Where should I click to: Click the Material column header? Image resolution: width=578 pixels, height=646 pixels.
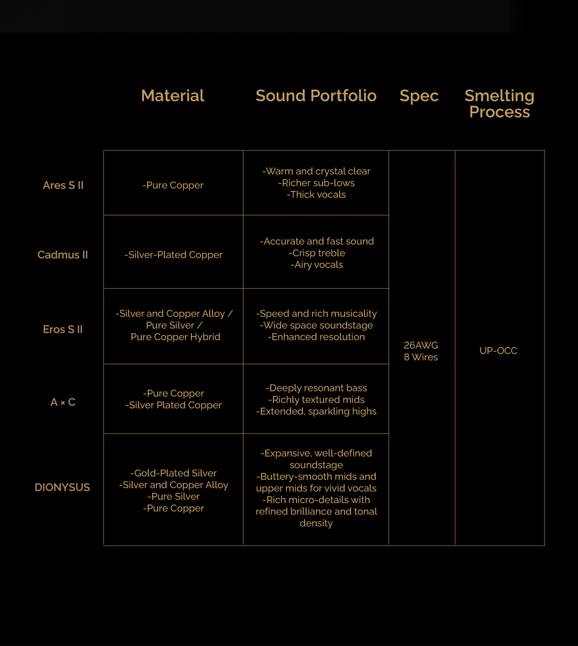173,95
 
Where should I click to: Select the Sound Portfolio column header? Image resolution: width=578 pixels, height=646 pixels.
316,95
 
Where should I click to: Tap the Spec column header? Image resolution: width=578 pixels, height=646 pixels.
419,95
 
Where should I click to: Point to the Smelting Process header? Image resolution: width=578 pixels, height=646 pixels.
499,104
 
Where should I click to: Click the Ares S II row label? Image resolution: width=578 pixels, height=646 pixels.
63,185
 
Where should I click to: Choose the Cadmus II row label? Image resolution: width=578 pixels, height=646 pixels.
63,255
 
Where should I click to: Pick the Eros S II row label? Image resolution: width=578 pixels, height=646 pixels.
63,329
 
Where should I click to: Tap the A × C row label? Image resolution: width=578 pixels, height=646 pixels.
63,402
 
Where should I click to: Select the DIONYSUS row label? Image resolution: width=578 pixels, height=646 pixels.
62,487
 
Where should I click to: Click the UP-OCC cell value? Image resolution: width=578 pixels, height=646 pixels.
498,351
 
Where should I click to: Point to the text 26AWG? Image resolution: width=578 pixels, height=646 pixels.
421,345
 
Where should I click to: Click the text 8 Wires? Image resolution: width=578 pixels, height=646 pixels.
421,357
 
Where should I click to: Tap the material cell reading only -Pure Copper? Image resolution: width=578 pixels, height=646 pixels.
173,185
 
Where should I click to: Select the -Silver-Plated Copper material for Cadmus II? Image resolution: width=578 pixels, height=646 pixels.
174,255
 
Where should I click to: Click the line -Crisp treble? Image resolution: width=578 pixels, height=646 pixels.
316,253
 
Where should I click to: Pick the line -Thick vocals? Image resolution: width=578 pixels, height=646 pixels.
316,195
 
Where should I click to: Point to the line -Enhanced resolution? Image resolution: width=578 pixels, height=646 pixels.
316,337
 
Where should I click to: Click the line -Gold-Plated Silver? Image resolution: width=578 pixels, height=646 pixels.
174,473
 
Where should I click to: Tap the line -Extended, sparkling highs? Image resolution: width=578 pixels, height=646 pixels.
316,411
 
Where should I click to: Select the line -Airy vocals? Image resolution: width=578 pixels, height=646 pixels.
316,265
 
